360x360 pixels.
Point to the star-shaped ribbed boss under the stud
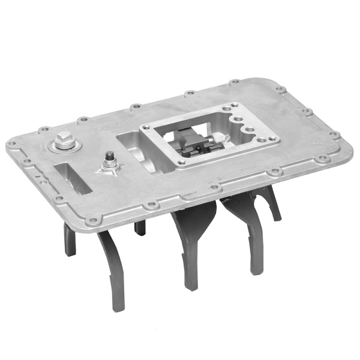tap(110, 170)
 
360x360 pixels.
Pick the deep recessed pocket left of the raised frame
tap(135, 150)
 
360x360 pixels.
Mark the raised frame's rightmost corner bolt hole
tap(275, 139)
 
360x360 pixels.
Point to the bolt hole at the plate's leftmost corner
tap(11, 145)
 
